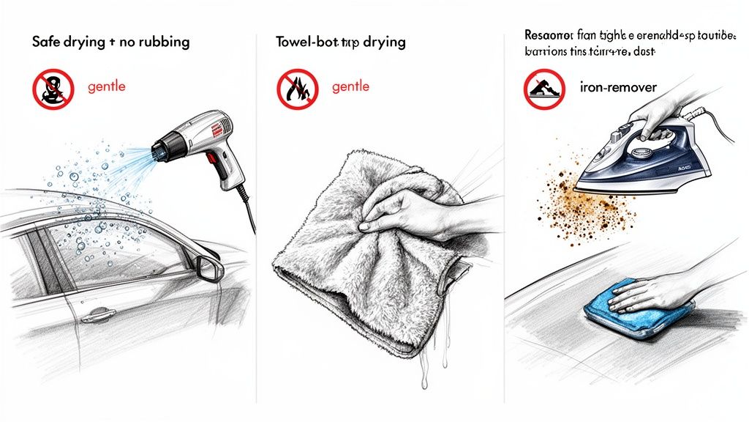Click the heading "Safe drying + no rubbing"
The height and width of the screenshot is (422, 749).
pyautogui.click(x=110, y=42)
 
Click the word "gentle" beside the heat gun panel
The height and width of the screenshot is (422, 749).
pyautogui.click(x=106, y=86)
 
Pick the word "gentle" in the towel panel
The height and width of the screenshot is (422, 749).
pyautogui.click(x=350, y=86)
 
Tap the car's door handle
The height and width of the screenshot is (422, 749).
pyautogui.click(x=97, y=315)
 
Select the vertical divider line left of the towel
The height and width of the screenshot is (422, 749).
pyautogui.click(x=257, y=220)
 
